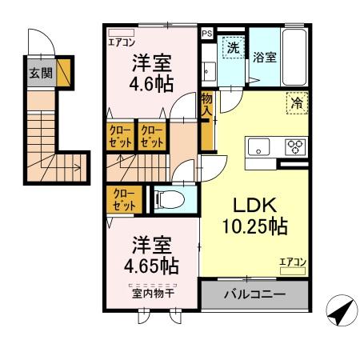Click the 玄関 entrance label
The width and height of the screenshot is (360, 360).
pos(41,73)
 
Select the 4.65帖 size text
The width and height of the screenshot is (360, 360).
pos(151,263)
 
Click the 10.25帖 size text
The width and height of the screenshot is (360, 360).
pos(254,226)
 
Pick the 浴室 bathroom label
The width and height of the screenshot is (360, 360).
pos(265,58)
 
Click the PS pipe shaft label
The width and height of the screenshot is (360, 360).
pos(207,34)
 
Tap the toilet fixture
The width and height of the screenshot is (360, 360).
pos(169,198)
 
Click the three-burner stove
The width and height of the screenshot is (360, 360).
pos(294,147)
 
